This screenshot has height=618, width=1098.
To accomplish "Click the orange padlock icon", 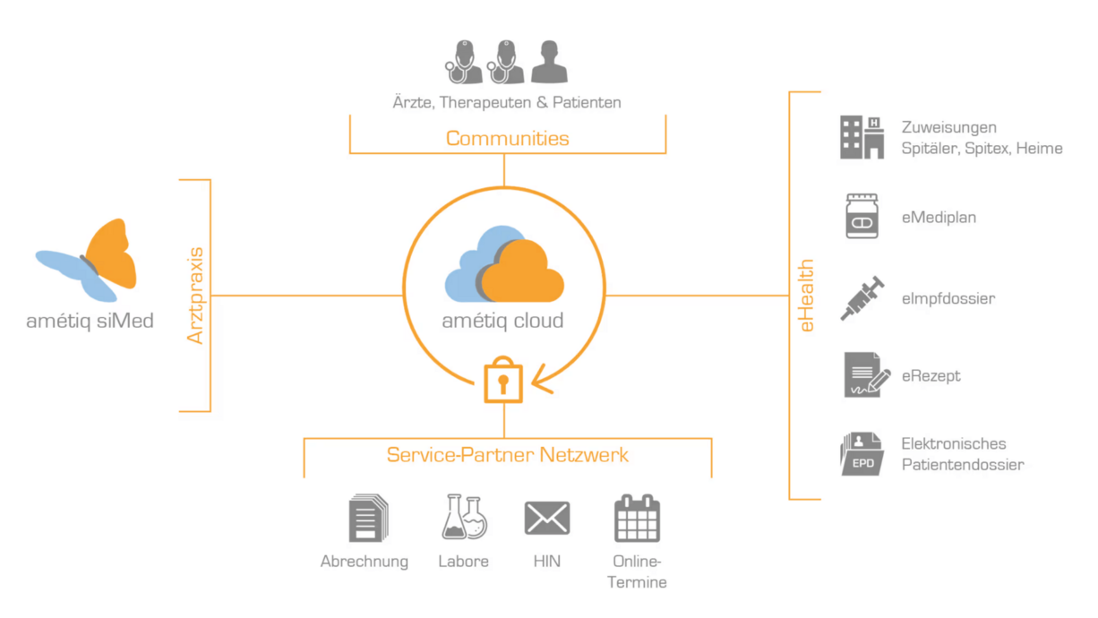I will tap(502, 381).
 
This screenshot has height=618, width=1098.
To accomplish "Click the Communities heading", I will tap(507, 138).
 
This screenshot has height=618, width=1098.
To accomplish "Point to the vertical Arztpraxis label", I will tap(196, 296).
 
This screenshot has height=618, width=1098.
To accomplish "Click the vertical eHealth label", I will tap(807, 296).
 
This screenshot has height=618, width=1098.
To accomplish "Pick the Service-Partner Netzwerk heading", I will tap(507, 455).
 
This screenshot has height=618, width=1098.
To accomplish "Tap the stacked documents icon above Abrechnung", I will tap(366, 519).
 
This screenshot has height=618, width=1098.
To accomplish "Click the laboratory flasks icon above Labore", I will tap(464, 518).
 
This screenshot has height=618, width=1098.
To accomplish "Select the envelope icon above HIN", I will tap(546, 518).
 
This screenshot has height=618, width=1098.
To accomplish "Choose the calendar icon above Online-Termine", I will tap(636, 518).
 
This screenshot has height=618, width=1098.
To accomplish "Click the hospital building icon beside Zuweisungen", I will tap(862, 137).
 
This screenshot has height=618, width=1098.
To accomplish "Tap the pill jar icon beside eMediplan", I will tap(862, 217).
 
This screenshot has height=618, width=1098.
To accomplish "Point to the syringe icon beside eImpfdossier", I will tap(862, 298).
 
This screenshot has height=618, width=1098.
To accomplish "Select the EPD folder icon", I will tap(862, 453).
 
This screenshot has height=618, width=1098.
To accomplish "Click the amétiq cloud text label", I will tap(502, 321).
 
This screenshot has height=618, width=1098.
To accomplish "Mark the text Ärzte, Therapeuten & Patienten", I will tap(507, 102).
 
